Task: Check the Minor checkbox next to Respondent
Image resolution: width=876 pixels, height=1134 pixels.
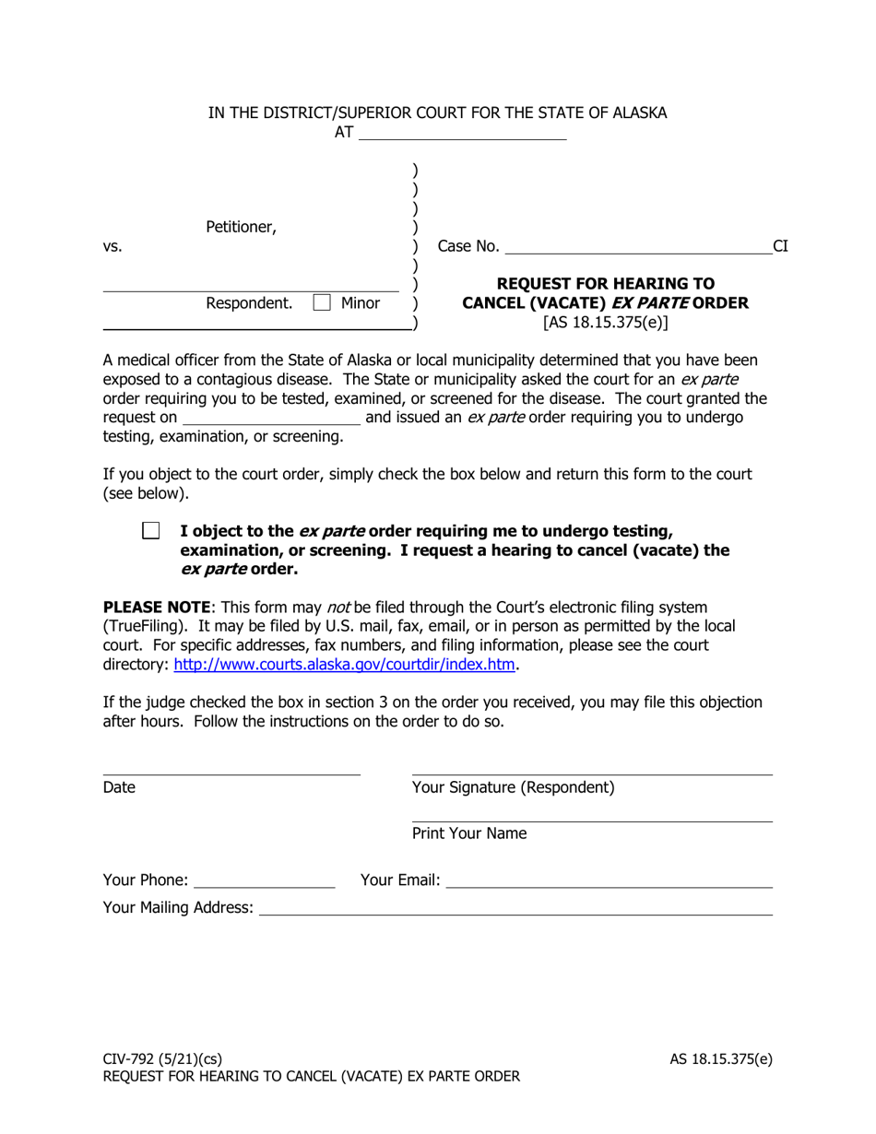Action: [322, 302]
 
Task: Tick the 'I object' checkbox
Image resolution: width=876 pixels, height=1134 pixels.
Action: [150, 531]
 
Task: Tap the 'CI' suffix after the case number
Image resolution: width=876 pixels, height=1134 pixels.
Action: [780, 246]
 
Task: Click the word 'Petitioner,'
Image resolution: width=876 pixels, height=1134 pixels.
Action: [241, 227]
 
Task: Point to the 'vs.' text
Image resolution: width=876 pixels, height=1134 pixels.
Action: [112, 247]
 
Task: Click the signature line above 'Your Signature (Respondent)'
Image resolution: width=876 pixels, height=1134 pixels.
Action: [592, 773]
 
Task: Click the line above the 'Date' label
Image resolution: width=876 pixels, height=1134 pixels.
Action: [231, 773]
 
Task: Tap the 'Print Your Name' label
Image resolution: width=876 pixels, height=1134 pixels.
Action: [469, 833]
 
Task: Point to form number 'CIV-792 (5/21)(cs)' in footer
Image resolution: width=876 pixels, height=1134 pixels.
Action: [162, 1058]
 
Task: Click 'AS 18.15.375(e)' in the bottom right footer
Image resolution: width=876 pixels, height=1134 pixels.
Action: [721, 1058]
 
